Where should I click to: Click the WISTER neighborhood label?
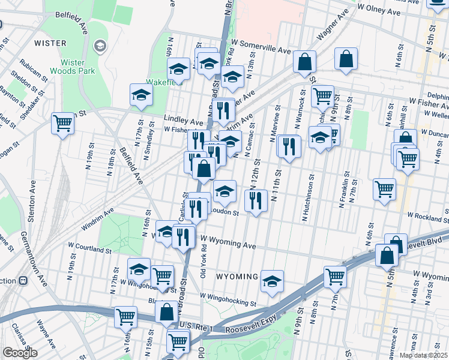[x=50, y=43]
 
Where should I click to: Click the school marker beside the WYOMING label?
[x=272, y=281]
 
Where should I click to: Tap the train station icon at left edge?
[x=23, y=280]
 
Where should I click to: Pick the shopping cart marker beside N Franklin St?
[x=384, y=189]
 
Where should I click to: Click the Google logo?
[x=20, y=353]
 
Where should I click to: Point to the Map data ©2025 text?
[x=424, y=355]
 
